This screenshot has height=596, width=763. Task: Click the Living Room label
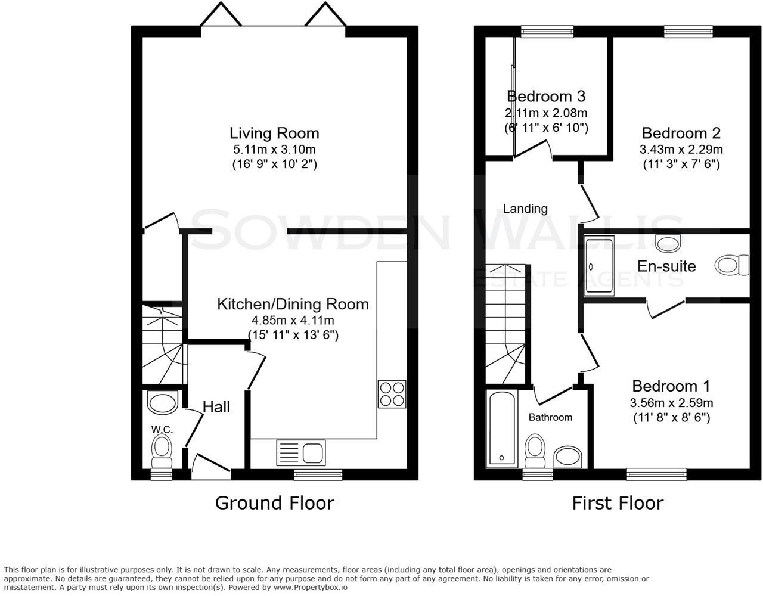(x=274, y=133)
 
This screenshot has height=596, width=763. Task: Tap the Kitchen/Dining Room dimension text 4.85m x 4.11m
(x=293, y=320)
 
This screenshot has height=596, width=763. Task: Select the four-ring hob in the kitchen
(x=392, y=394)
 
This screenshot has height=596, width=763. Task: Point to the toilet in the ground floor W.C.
(x=162, y=452)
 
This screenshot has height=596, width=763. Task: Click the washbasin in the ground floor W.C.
(x=163, y=403)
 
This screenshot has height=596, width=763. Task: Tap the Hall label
(x=216, y=407)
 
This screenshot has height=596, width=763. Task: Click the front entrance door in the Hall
(x=210, y=467)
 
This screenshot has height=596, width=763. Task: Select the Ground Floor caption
(x=274, y=503)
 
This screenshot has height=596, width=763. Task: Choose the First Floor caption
(x=617, y=503)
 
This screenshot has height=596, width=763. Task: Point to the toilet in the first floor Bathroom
(x=535, y=451)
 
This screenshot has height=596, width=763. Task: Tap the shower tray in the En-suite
(x=599, y=265)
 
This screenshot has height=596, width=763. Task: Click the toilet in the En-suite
(x=733, y=265)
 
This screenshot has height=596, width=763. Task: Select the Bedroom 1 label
(x=671, y=386)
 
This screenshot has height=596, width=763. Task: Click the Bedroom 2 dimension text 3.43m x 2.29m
(x=681, y=149)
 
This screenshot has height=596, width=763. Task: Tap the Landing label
(x=525, y=209)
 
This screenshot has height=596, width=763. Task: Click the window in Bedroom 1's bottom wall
(x=656, y=474)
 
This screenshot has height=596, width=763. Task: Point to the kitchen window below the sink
(x=318, y=474)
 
